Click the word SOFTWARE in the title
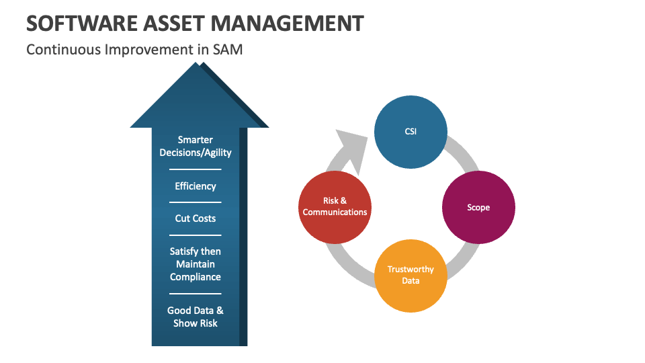tap(81, 23)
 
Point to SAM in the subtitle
tap(228, 49)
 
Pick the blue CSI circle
tap(411, 132)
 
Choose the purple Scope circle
tap(478, 208)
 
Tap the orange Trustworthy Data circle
tap(411, 276)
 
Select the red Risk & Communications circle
tap(335, 207)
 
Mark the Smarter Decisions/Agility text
tap(196, 146)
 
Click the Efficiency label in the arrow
tap(196, 186)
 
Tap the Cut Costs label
tap(196, 218)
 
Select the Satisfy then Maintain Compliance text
tap(196, 264)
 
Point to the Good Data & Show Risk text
tap(196, 317)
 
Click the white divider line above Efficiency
tap(196, 169)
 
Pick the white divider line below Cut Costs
tap(196, 235)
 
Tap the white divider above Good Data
tap(196, 294)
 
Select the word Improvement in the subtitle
tap(149, 49)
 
